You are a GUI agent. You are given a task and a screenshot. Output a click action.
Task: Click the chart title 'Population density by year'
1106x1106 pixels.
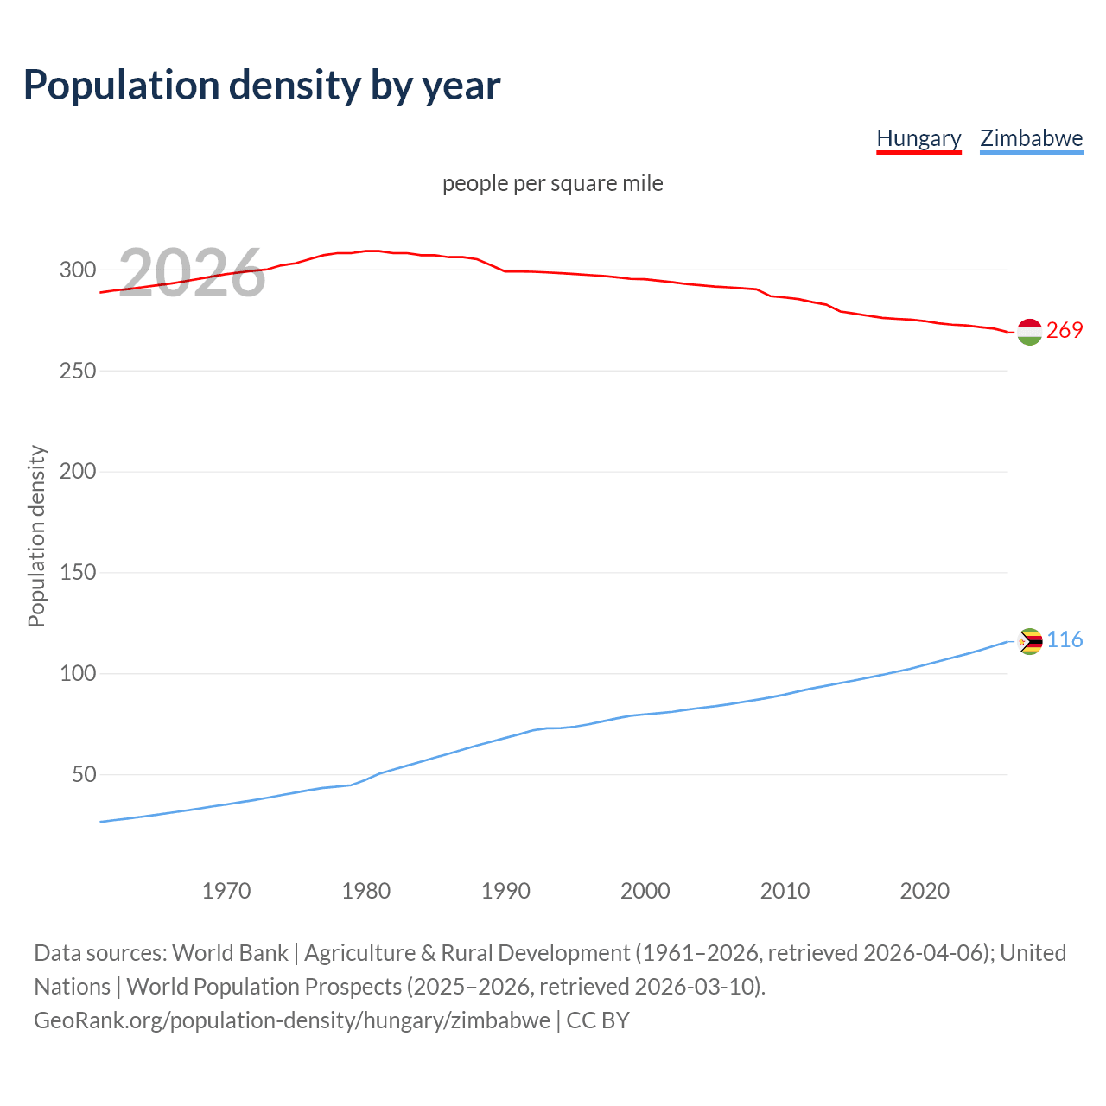pyautogui.click(x=262, y=86)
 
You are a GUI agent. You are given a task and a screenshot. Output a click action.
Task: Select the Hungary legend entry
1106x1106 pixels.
pyautogui.click(x=918, y=138)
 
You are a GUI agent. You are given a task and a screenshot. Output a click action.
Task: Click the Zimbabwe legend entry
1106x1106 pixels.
pyautogui.click(x=1031, y=138)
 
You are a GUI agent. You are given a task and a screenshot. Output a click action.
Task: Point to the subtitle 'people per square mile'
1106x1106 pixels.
pyautogui.click(x=553, y=183)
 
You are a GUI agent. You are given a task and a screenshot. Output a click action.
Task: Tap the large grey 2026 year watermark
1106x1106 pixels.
pyautogui.click(x=192, y=274)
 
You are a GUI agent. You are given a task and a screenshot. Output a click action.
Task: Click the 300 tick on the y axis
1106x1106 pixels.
pyautogui.click(x=77, y=270)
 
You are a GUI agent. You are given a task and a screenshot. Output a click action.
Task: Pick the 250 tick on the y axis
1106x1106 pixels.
pyautogui.click(x=77, y=371)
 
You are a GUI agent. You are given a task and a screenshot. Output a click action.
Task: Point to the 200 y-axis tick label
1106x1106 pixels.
pyautogui.click(x=77, y=472)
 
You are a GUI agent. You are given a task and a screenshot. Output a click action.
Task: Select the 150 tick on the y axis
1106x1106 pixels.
pyautogui.click(x=77, y=573)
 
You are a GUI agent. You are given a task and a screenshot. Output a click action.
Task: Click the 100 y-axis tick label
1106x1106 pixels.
pyautogui.click(x=77, y=674)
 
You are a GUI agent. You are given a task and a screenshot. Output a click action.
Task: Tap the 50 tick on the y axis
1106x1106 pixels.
pyautogui.click(x=84, y=775)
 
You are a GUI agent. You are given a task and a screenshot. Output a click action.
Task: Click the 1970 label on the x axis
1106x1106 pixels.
pyautogui.click(x=226, y=891)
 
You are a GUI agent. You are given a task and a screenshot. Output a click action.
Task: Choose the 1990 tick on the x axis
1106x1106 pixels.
pyautogui.click(x=505, y=891)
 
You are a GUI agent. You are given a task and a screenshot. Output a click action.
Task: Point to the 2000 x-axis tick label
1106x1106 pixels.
pyautogui.click(x=645, y=891)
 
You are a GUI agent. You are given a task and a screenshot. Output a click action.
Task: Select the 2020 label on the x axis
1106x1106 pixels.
pyautogui.click(x=925, y=891)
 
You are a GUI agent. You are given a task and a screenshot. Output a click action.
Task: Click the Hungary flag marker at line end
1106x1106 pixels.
pyautogui.click(x=1029, y=332)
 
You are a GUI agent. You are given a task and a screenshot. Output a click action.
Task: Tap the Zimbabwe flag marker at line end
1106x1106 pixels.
pyautogui.click(x=1029, y=641)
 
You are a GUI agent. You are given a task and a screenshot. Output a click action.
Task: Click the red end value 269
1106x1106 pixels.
pyautogui.click(x=1065, y=331)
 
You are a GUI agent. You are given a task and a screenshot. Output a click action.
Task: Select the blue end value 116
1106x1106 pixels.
pyautogui.click(x=1065, y=640)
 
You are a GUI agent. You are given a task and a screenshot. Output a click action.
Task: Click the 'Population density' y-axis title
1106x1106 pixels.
pyautogui.click(x=36, y=536)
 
